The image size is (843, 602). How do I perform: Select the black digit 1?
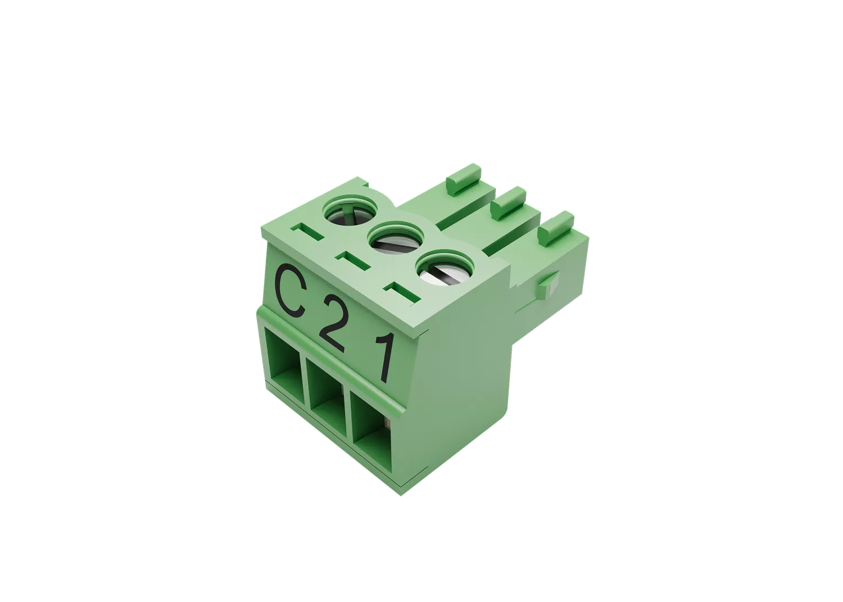(x=384, y=357)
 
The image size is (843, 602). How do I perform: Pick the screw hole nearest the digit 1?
(x=445, y=268)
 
